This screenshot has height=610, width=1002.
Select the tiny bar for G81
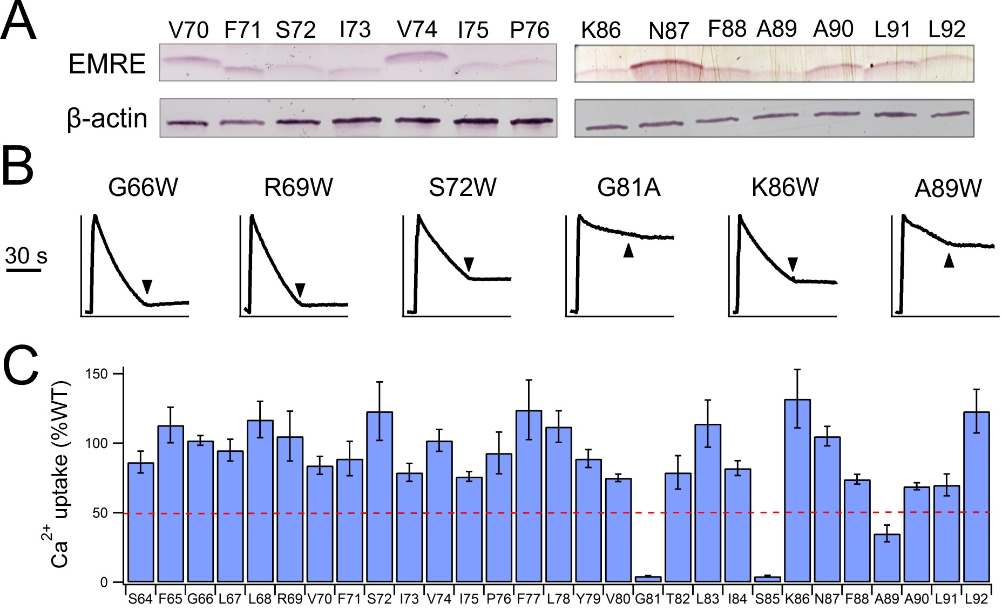tap(648, 579)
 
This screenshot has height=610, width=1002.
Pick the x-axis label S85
tap(767, 599)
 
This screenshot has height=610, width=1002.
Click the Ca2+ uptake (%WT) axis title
tap(59, 475)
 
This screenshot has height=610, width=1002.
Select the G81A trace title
tap(628, 187)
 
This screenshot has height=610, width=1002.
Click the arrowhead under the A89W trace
tap(949, 261)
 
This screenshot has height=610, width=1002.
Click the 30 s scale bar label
tap(26, 255)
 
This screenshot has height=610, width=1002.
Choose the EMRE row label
tap(107, 64)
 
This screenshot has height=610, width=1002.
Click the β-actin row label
tap(107, 118)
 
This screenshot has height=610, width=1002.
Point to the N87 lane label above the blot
tap(668, 31)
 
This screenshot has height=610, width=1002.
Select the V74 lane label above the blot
tap(416, 30)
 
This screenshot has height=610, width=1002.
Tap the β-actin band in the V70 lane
tap(187, 123)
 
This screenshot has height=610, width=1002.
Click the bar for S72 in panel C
tap(380, 497)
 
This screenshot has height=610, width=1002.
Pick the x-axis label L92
tap(976, 599)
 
